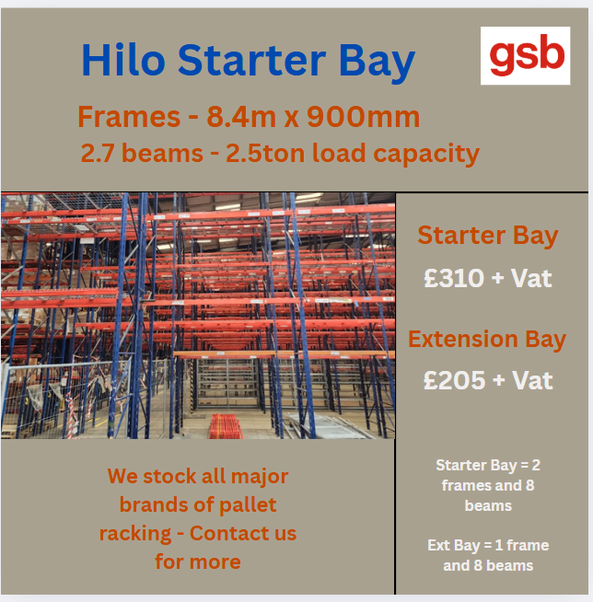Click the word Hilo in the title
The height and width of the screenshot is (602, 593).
tap(123, 60)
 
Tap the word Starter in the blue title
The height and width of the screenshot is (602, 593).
tap(252, 60)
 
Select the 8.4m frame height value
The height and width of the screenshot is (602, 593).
tap(241, 117)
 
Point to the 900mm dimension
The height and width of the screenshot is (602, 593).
tap(363, 117)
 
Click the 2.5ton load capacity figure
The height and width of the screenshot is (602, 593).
tap(266, 153)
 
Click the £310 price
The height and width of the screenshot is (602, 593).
tap(454, 278)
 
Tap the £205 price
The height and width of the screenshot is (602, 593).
tap(454, 380)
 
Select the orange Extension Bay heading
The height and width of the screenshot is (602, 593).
tap(487, 340)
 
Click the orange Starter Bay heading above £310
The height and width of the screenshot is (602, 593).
tap(488, 236)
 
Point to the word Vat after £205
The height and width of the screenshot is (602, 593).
tap(532, 380)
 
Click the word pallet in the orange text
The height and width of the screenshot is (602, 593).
tap(248, 504)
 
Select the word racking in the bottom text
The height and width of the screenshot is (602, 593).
tap(135, 534)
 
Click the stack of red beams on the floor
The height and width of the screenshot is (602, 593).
tap(226, 426)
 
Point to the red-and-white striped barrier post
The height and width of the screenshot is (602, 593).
tap(71, 416)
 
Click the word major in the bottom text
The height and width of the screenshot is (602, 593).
tap(260, 477)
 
